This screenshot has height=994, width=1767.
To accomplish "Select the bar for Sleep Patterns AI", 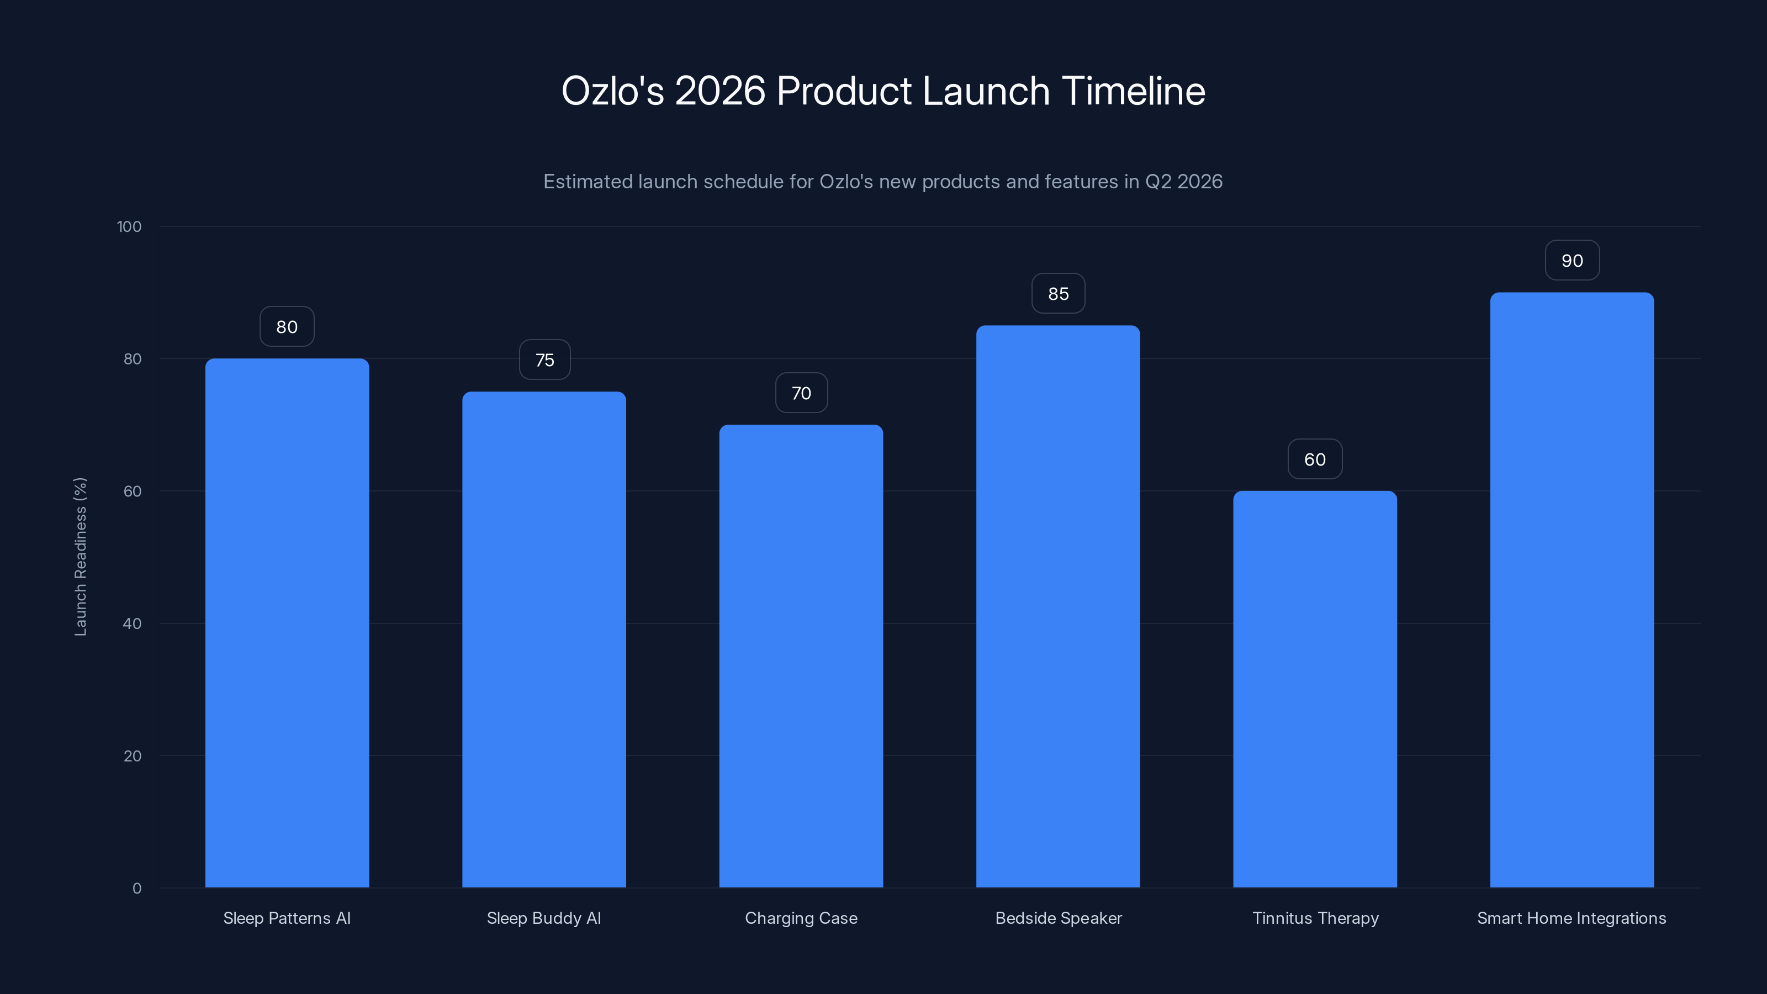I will [x=287, y=623].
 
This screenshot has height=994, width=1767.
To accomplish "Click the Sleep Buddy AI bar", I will [x=544, y=639].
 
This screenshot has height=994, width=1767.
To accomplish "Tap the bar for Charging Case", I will [x=801, y=656].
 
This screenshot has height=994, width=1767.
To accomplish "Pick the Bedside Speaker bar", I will [x=1058, y=606].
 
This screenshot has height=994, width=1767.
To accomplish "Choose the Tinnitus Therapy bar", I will [x=1315, y=689].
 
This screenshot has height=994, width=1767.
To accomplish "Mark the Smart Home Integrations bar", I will [x=1572, y=590].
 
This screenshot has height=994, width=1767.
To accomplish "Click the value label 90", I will [x=1572, y=261].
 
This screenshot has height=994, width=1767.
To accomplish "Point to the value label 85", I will [x=1058, y=294].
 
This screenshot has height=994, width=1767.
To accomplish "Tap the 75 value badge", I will [x=544, y=360].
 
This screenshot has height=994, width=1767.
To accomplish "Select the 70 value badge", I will [x=801, y=393].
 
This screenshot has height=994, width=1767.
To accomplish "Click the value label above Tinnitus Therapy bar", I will [x=1314, y=459].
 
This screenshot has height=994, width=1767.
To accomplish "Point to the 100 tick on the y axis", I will [x=129, y=226].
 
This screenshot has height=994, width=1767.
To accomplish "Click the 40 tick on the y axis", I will [x=133, y=623].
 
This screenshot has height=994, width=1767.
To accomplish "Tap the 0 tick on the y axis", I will [x=136, y=889].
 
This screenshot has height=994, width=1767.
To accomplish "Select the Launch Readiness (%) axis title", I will [x=80, y=556].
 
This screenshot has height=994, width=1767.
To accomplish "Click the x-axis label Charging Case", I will [x=801, y=918].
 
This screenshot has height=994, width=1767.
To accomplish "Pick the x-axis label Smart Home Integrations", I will [x=1571, y=918].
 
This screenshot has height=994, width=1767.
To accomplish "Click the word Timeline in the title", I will [x=1133, y=91].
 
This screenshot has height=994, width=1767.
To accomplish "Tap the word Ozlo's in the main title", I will [x=612, y=91].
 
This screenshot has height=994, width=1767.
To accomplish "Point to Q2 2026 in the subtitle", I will [x=1183, y=182].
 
